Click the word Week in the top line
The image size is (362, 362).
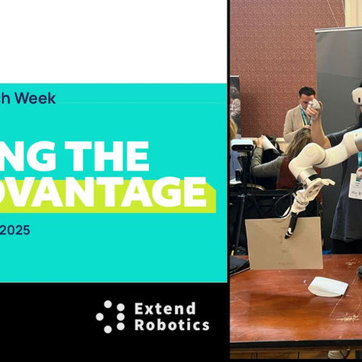click(x=37, y=99)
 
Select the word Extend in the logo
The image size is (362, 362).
click(x=165, y=308)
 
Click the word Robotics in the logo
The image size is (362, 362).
click(x=171, y=325)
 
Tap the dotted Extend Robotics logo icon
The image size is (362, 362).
click(x=110, y=316)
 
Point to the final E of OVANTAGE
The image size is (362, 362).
click(x=192, y=192)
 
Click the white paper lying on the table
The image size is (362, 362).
click(x=328, y=286)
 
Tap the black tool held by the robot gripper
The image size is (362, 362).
click(x=292, y=223)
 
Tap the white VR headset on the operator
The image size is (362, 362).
click(x=356, y=96)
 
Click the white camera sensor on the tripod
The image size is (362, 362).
click(x=242, y=144)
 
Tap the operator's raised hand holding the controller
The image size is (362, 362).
click(x=313, y=108)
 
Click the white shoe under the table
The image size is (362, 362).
click(x=336, y=354)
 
